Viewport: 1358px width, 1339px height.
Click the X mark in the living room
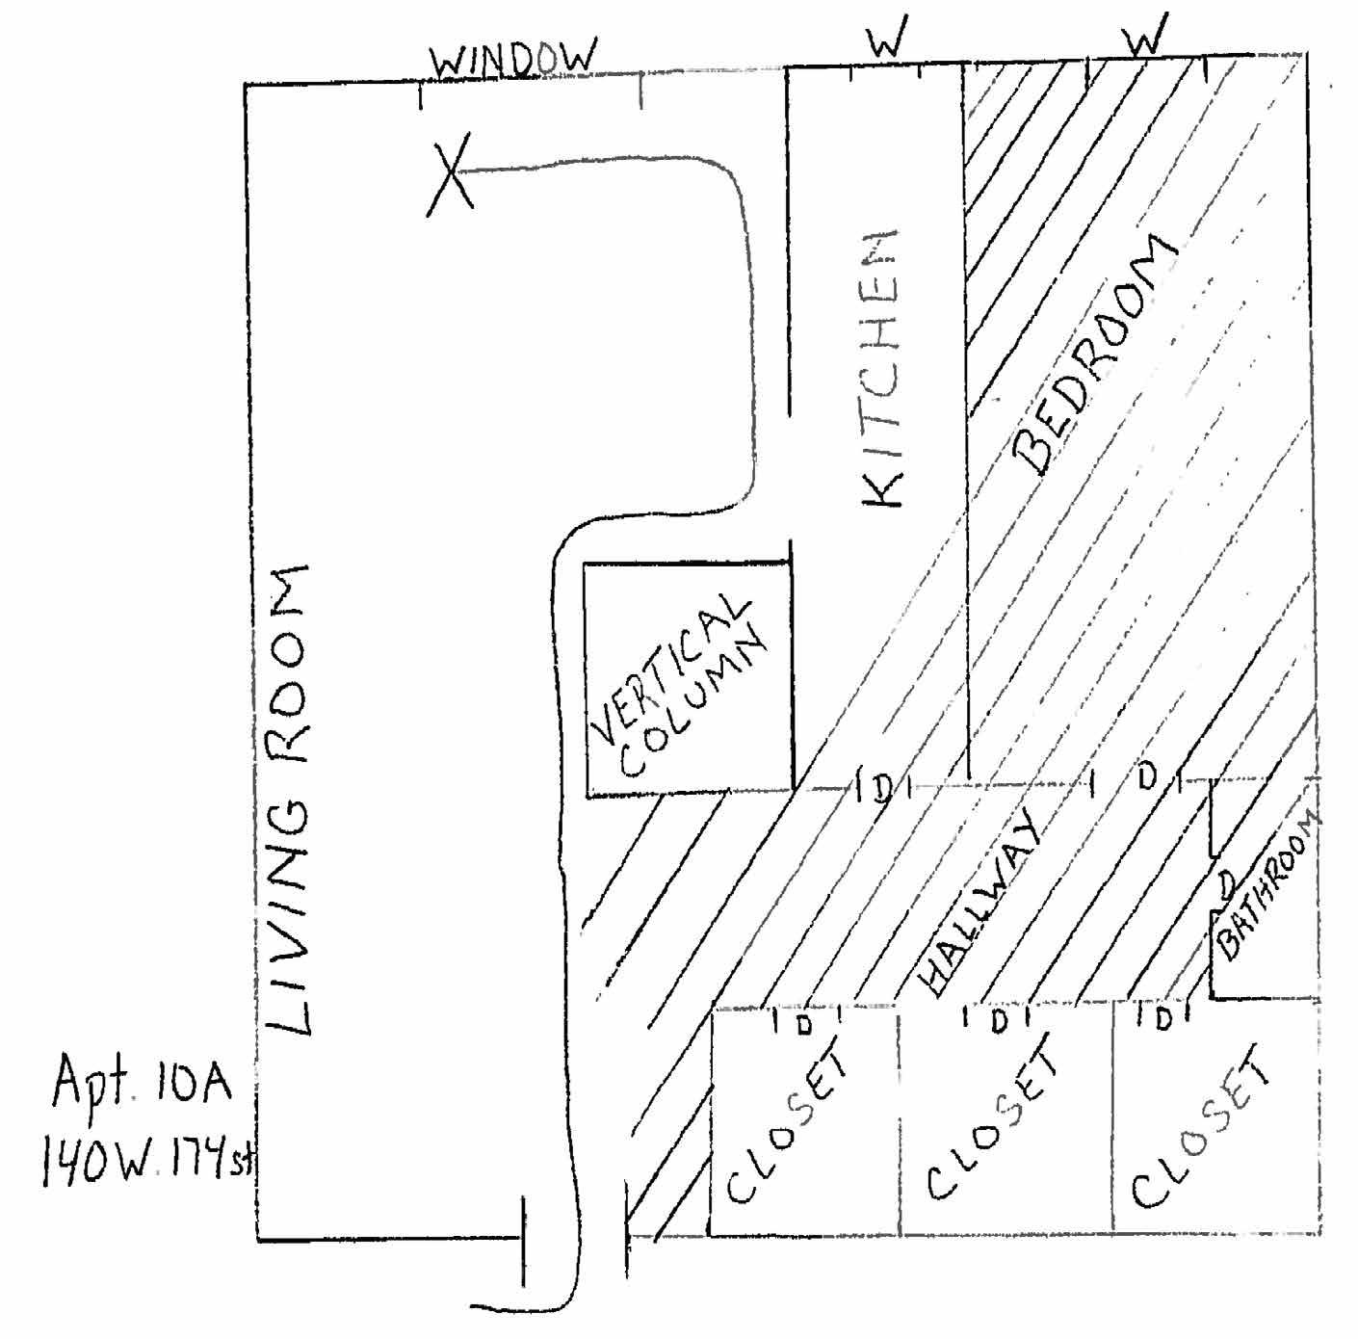point(451,174)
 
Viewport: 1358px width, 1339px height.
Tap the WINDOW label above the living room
point(512,61)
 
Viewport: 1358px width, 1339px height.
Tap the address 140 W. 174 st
point(144,1164)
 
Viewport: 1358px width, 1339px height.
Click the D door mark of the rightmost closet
point(1163,1018)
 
